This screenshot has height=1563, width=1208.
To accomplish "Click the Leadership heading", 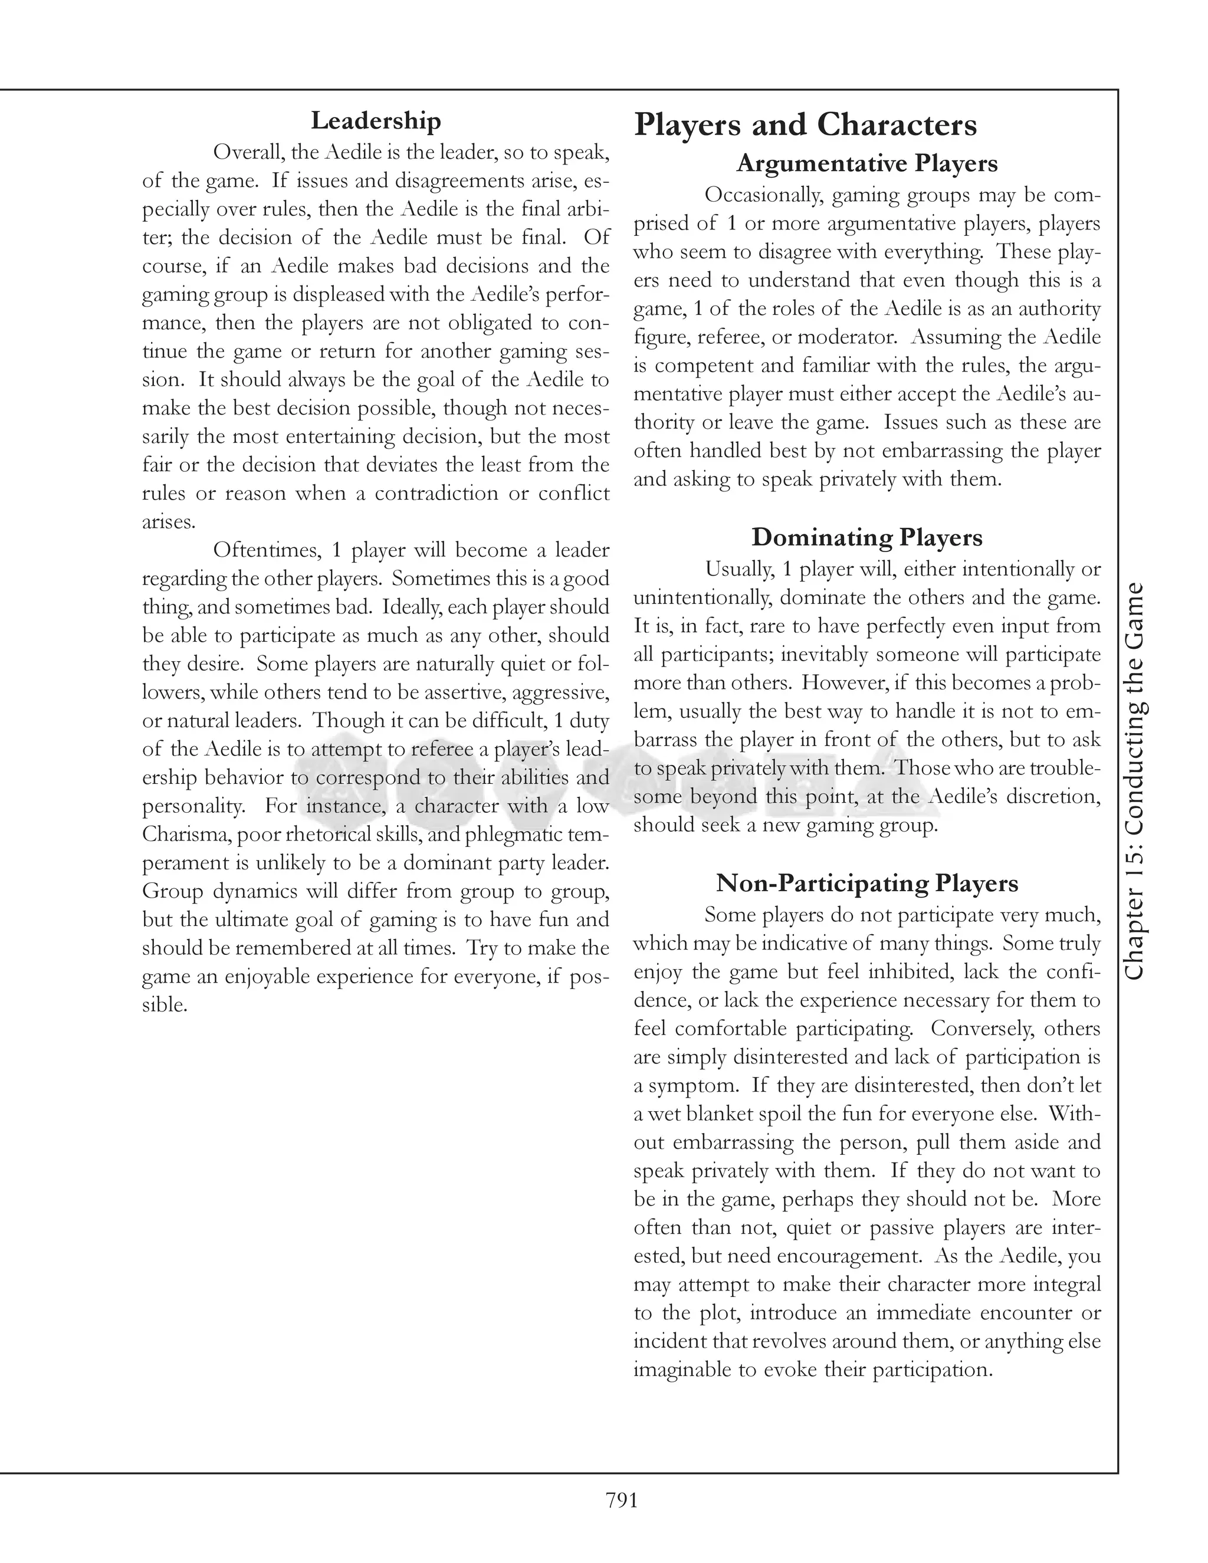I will (x=376, y=120).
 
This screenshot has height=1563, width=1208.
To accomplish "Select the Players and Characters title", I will (x=805, y=125).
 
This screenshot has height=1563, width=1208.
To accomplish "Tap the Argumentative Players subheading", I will (x=866, y=163).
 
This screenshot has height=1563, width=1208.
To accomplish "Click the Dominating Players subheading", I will (x=866, y=537).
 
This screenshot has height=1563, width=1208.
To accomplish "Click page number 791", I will (x=621, y=1499).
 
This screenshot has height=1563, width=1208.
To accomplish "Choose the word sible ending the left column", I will (x=165, y=1005).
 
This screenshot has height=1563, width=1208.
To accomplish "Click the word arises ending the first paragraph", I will (x=169, y=522).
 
